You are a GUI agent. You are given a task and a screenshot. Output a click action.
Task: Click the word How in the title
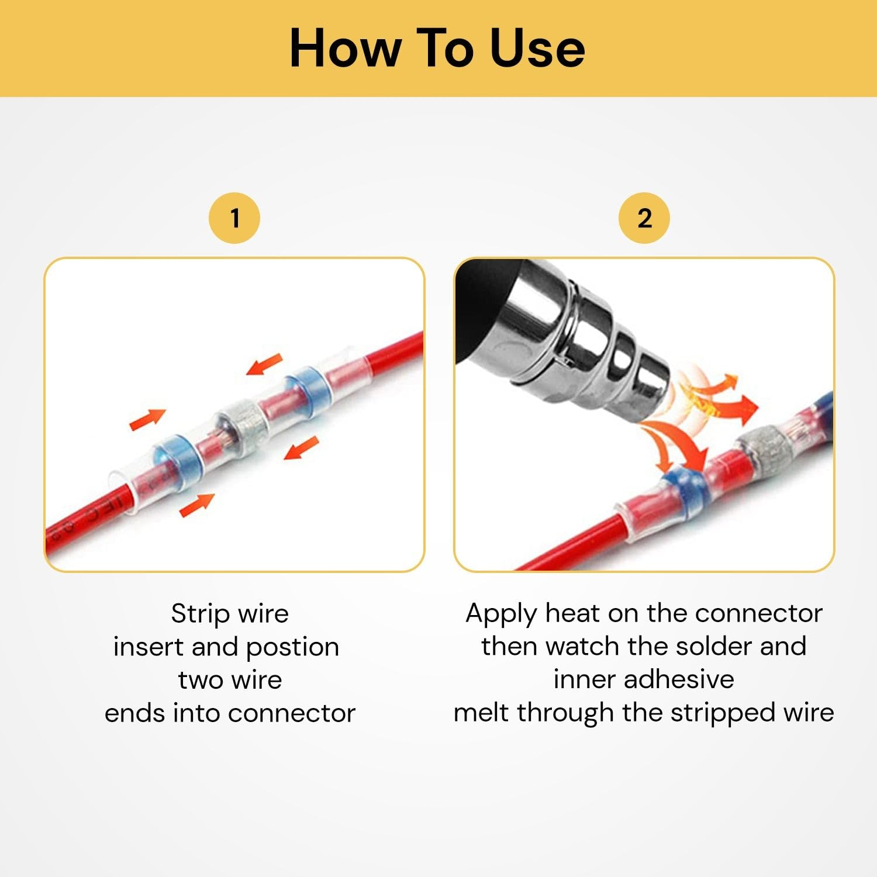coord(345,48)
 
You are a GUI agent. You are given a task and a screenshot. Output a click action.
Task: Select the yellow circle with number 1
coord(234,218)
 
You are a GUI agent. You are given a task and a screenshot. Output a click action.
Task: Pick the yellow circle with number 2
coord(644,218)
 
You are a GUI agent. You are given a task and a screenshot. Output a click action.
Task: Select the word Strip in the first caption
coord(201,614)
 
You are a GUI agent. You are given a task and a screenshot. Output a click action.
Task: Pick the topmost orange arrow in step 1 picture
coord(264,364)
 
